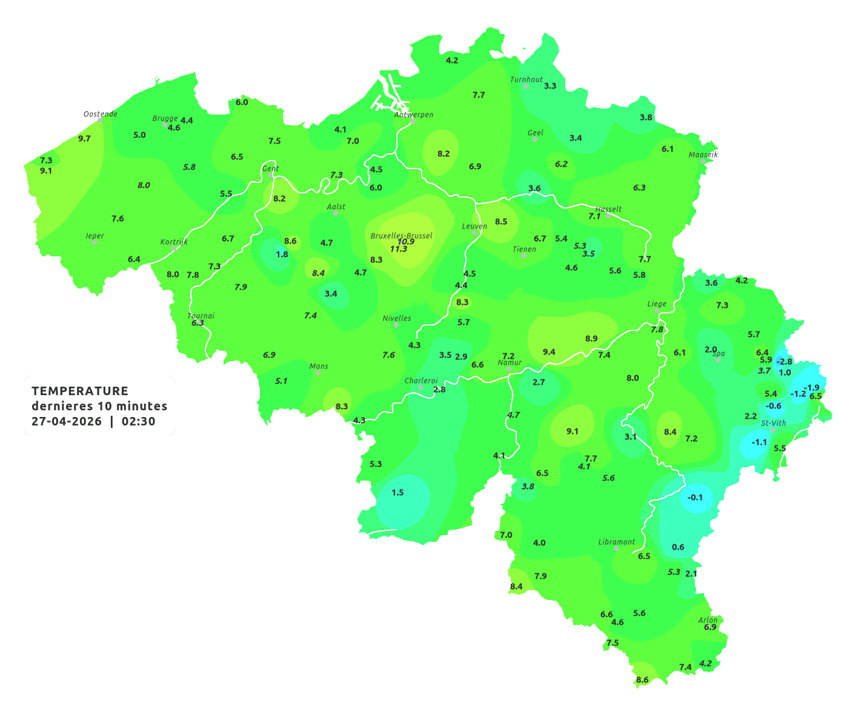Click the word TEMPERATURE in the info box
[80, 391]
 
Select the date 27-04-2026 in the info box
[67, 421]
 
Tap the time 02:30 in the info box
[138, 421]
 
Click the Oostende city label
[100, 114]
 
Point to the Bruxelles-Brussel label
[401, 235]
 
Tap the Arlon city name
[708, 619]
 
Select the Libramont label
[616, 542]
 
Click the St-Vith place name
[773, 423]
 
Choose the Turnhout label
[527, 79]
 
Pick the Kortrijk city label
[174, 242]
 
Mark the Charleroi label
[421, 381]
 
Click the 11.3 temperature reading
[399, 249]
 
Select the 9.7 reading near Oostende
[84, 139]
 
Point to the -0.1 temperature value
[695, 498]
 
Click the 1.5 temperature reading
[397, 492]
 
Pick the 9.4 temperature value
[549, 352]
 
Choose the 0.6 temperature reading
[678, 547]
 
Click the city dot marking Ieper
[95, 242]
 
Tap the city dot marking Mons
[318, 373]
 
